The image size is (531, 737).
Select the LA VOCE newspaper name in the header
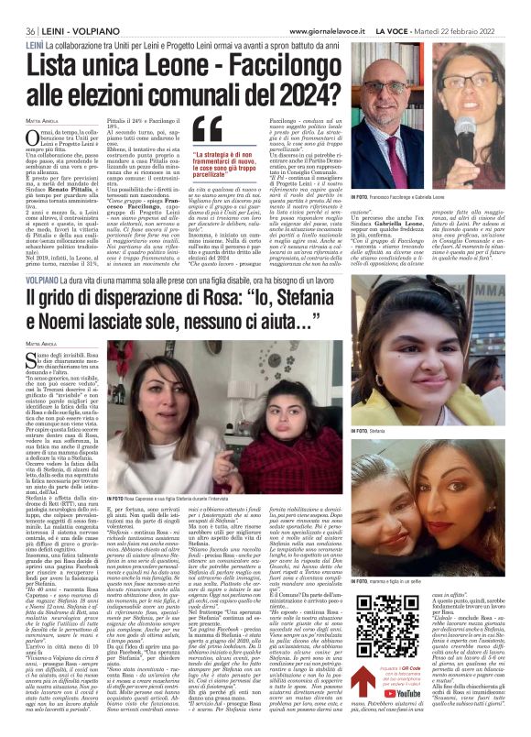pyautogui.click(x=417, y=7)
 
